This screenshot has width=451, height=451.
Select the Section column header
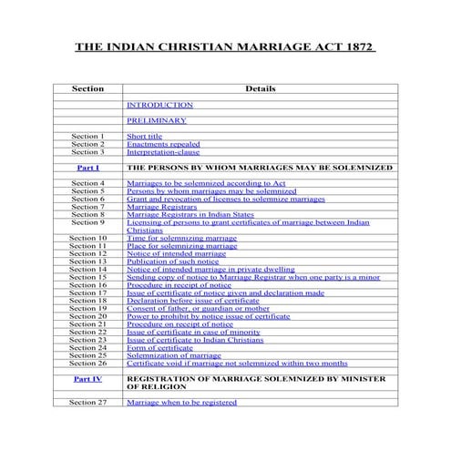tap(88, 89)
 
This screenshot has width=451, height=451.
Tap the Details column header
tap(261, 89)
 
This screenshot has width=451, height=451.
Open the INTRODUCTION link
tap(159, 105)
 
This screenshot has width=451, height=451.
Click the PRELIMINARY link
tap(157, 120)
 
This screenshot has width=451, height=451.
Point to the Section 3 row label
tap(88, 152)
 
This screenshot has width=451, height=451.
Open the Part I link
tap(88, 169)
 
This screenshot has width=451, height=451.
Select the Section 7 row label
tap(88, 207)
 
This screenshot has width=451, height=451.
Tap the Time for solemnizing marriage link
tap(181, 238)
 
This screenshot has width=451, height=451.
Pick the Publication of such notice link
tap(173, 261)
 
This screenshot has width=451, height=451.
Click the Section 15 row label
tap(88, 278)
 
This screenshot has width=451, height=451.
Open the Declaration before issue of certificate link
tap(193, 302)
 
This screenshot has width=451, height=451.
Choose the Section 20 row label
tap(88, 317)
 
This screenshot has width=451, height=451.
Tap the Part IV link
tap(88, 377)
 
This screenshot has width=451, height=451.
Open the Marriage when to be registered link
tap(181, 402)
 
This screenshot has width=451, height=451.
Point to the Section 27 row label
tap(88, 402)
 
